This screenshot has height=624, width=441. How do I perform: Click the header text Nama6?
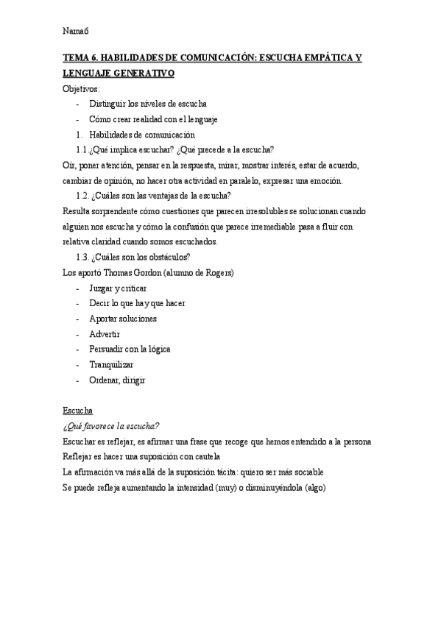(x=76, y=30)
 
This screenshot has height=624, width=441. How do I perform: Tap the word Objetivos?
(x=82, y=89)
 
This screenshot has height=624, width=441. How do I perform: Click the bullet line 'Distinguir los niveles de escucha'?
(x=147, y=104)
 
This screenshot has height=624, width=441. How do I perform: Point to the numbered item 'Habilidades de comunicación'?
(x=141, y=135)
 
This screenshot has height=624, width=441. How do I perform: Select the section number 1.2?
(x=82, y=196)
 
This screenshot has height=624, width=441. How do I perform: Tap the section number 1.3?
(x=82, y=257)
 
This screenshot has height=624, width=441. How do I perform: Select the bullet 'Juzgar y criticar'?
(x=118, y=288)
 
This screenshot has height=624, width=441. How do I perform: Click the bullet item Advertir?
(x=104, y=334)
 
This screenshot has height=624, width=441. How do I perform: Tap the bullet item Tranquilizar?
(x=111, y=365)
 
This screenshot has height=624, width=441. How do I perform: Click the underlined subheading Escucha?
(x=77, y=411)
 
